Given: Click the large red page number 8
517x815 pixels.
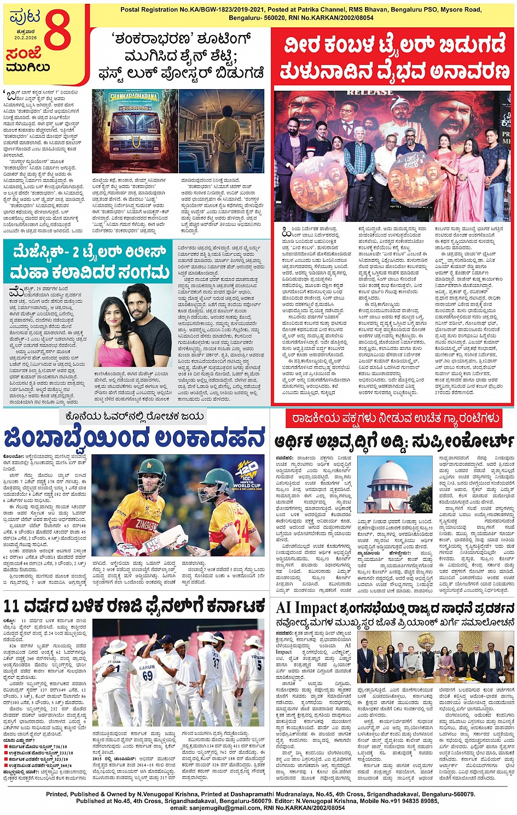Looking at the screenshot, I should [x=57, y=31].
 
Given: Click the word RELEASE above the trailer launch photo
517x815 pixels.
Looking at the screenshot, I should [x=370, y=92].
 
